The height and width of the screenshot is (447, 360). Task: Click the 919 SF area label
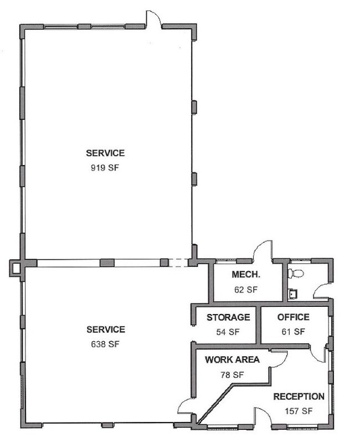pyautogui.click(x=105, y=168)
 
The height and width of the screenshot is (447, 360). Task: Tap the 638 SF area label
pyautogui.click(x=105, y=344)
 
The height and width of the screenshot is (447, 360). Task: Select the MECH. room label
pyautogui.click(x=246, y=274)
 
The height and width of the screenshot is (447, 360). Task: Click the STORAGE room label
pyautogui.click(x=228, y=317)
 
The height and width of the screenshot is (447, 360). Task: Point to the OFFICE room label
pyautogui.click(x=294, y=317)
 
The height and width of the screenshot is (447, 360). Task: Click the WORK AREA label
pyautogui.click(x=232, y=360)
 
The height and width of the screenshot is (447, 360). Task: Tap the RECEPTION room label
pyautogui.click(x=299, y=396)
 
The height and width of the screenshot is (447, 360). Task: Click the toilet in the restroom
pyautogui.click(x=295, y=274)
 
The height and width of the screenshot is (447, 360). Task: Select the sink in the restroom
pyautogui.click(x=293, y=294)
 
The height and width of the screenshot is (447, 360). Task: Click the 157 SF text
pyautogui.click(x=299, y=411)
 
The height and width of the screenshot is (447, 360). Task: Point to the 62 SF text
pyautogui.click(x=246, y=290)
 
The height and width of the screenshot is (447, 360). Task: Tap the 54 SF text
pyautogui.click(x=228, y=332)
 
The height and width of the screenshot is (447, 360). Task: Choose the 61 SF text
pyautogui.click(x=294, y=332)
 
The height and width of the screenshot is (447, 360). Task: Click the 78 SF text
pyautogui.click(x=232, y=374)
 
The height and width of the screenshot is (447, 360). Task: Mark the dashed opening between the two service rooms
pyautogui.click(x=178, y=263)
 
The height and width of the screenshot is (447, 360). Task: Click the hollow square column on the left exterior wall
pyautogui.click(x=15, y=268)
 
